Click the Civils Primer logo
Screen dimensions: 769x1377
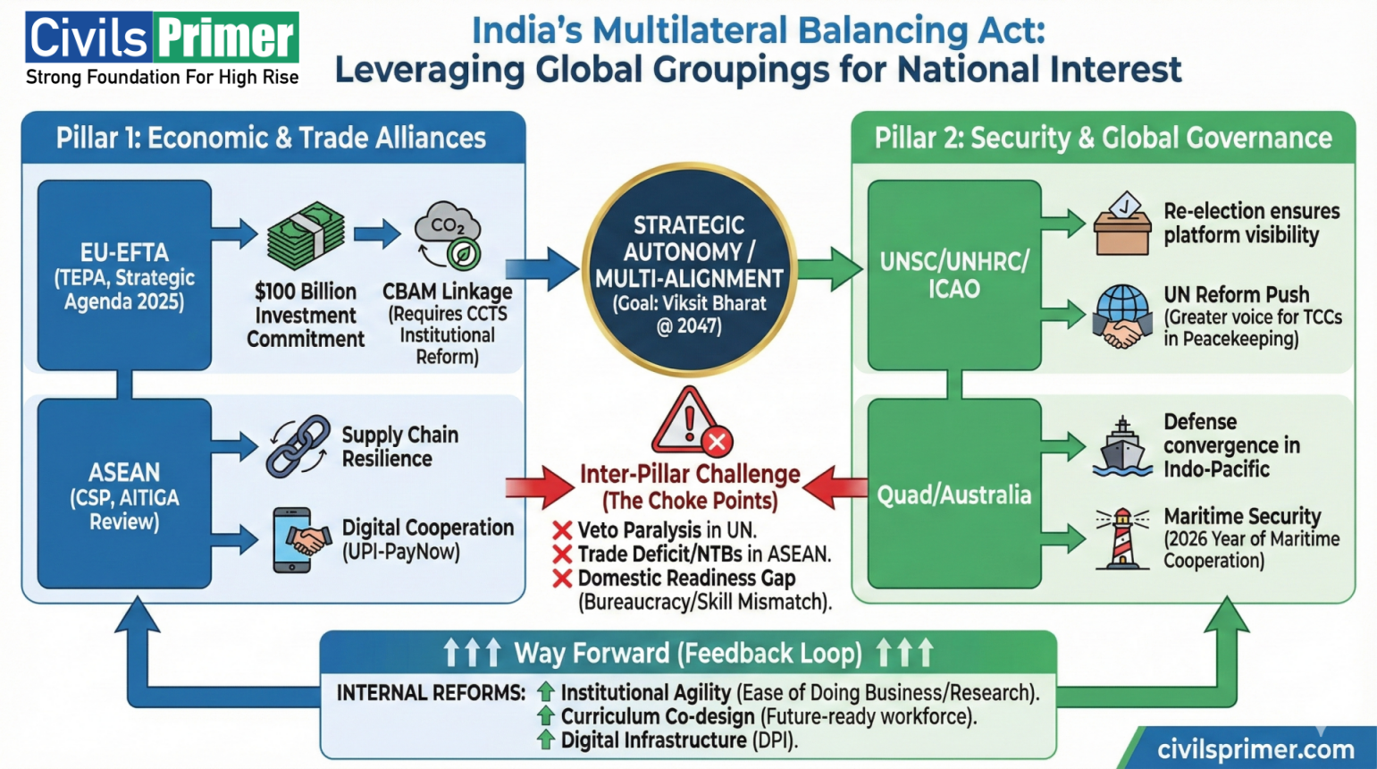pos(162,49)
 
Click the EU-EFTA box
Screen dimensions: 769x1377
pos(124,275)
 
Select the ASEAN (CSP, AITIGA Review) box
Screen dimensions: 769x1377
pos(124,494)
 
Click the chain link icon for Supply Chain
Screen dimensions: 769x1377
pos(298,445)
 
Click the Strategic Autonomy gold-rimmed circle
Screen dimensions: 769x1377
pos(689,269)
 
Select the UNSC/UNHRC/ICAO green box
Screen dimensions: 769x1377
pos(954,275)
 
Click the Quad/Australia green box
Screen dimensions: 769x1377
pos(954,494)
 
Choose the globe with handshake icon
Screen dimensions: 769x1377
pos(1122,317)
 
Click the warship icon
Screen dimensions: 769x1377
pos(1122,446)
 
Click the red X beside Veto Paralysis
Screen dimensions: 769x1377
pos(562,530)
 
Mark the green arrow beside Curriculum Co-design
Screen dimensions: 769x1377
pos(545,715)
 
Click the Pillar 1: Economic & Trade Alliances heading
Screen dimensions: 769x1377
pos(272,138)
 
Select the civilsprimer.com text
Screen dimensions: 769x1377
pos(1255,749)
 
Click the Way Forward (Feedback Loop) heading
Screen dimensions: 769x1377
pos(688,653)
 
